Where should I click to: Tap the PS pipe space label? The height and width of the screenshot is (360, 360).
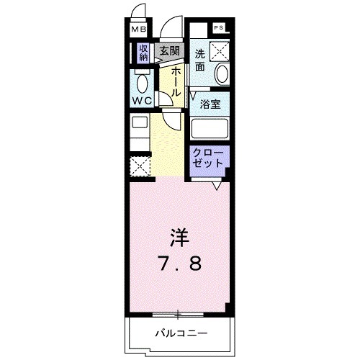218,28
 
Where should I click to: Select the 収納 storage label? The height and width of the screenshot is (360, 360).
143,53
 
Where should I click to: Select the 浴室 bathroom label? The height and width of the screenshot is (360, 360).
210,104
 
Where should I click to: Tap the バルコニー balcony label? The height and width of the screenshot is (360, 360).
181,333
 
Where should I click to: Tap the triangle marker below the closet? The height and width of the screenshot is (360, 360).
215,186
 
